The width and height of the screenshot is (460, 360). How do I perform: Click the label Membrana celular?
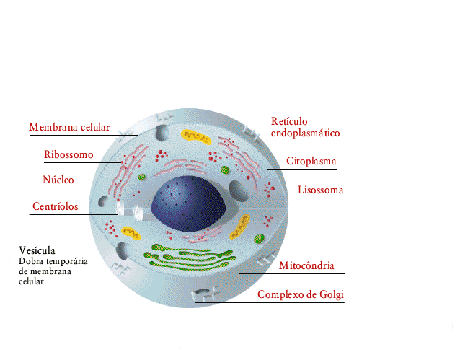68,128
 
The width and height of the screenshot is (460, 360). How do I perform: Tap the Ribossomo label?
68,155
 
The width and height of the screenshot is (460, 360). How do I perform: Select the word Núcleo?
58,180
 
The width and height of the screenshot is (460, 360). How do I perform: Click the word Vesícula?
37,251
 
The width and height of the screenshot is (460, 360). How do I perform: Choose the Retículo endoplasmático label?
304,127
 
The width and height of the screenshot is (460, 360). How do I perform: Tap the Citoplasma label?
311,162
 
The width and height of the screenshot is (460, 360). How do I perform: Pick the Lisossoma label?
321,190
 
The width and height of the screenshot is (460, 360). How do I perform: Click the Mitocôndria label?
306,265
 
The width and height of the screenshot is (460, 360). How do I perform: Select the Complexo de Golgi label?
301,294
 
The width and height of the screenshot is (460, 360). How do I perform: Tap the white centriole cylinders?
130,211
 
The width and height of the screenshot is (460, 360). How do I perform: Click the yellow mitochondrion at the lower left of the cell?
131,232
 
